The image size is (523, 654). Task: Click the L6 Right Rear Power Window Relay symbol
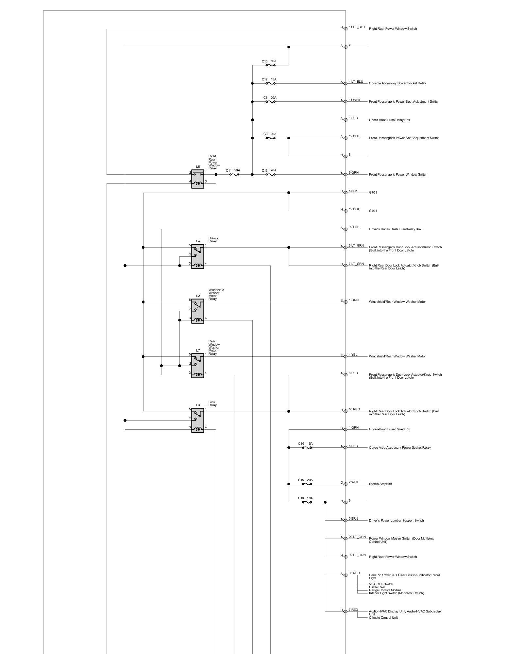(x=197, y=179)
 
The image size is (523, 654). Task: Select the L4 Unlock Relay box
(x=197, y=256)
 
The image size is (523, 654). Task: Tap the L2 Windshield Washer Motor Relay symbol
(x=197, y=311)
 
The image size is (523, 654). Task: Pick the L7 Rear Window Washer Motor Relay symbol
(x=197, y=366)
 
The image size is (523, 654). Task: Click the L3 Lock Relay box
(x=197, y=420)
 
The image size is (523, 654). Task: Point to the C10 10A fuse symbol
(x=270, y=65)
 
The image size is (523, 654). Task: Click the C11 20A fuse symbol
(x=234, y=175)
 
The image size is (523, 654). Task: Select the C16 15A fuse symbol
(x=307, y=448)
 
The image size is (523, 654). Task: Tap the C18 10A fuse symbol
(x=307, y=502)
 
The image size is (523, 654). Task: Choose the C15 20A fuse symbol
(x=307, y=484)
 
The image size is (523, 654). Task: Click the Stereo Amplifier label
(x=380, y=484)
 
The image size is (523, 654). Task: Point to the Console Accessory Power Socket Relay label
(x=397, y=83)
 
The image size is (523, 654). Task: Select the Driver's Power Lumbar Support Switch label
(x=396, y=521)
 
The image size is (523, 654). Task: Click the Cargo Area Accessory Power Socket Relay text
(x=400, y=448)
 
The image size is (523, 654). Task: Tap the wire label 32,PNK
(x=354, y=227)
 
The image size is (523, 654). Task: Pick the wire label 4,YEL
(x=353, y=355)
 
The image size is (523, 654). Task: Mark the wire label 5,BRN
(x=353, y=519)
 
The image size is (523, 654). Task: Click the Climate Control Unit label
(x=383, y=618)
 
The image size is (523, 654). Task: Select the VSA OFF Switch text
(x=381, y=584)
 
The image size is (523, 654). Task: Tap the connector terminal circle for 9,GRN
(x=346, y=175)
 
